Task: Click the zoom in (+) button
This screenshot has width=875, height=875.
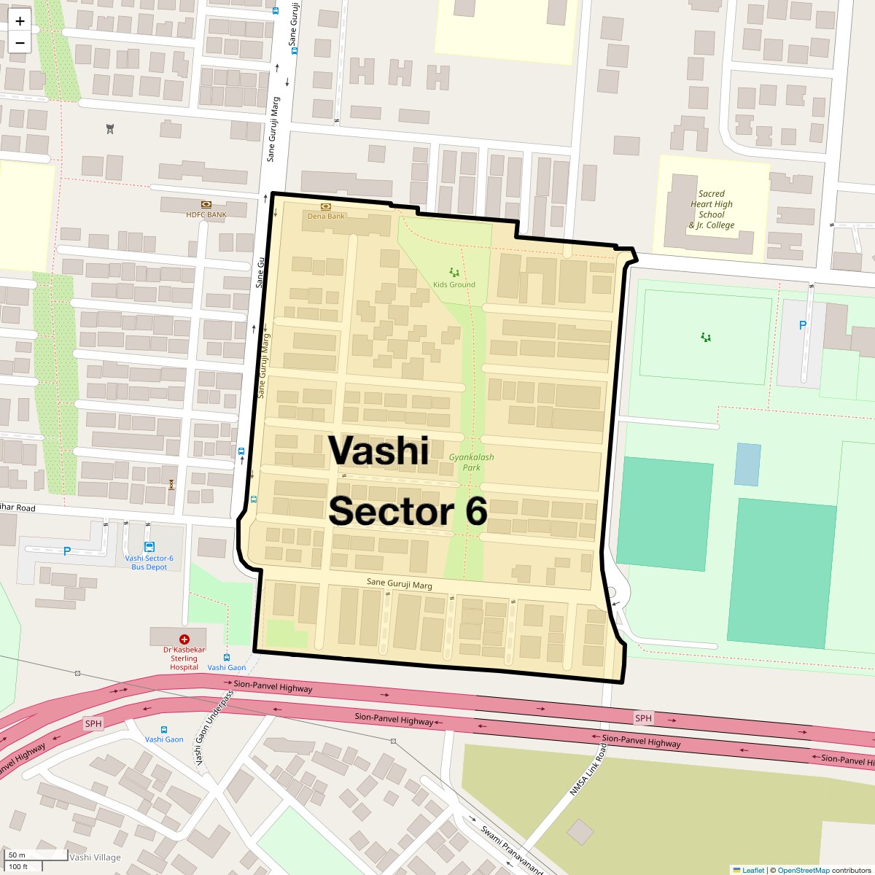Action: [x=20, y=21]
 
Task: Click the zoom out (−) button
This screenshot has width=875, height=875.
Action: [x=20, y=43]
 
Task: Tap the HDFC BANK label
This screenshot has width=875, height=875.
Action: [x=206, y=214]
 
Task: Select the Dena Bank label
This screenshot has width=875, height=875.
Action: [x=326, y=216]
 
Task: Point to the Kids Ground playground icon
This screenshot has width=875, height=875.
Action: [x=454, y=273]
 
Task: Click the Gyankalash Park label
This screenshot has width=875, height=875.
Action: [x=471, y=462]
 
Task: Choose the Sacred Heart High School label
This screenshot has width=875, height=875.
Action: [x=712, y=209]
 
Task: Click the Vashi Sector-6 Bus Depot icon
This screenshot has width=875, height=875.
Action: [x=149, y=547]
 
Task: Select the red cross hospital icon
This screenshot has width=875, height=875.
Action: [x=184, y=639]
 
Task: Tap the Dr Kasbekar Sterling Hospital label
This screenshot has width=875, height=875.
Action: [x=184, y=658]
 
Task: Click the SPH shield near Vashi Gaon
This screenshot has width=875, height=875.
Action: [x=93, y=723]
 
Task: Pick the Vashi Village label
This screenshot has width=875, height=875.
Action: [x=96, y=857]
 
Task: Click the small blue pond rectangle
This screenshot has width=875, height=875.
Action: [x=747, y=464]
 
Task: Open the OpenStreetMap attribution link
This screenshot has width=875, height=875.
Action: [x=803, y=870]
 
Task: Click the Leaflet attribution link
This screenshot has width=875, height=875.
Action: [x=753, y=870]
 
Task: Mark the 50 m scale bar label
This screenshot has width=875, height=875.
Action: [x=17, y=855]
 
